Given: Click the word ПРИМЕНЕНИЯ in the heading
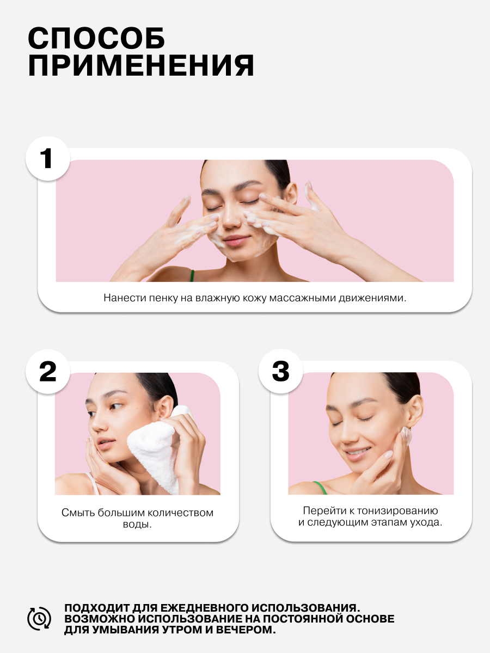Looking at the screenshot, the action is [141, 65].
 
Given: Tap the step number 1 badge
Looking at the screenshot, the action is [47, 158].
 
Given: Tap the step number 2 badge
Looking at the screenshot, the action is [47, 371].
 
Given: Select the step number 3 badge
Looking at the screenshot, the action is [280, 371].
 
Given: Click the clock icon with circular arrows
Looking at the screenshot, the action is [39, 619].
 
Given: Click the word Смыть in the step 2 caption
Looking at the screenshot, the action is [78, 513].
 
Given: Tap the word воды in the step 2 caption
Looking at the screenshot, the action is [137, 524].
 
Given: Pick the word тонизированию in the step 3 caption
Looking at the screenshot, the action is [397, 511].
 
